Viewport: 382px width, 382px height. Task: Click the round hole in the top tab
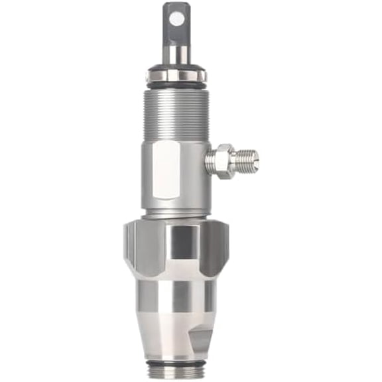click(x=176, y=19)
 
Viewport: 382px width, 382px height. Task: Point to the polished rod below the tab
click(x=176, y=54)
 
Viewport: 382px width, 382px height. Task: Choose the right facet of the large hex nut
click(x=215, y=249)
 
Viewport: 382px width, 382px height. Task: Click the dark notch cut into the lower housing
click(x=201, y=339)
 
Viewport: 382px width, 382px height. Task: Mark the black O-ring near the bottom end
click(x=176, y=363)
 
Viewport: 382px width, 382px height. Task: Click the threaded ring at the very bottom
click(x=176, y=372)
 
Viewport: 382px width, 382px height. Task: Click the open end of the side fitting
click(x=257, y=160)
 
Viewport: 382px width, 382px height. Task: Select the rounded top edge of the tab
click(x=176, y=5)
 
